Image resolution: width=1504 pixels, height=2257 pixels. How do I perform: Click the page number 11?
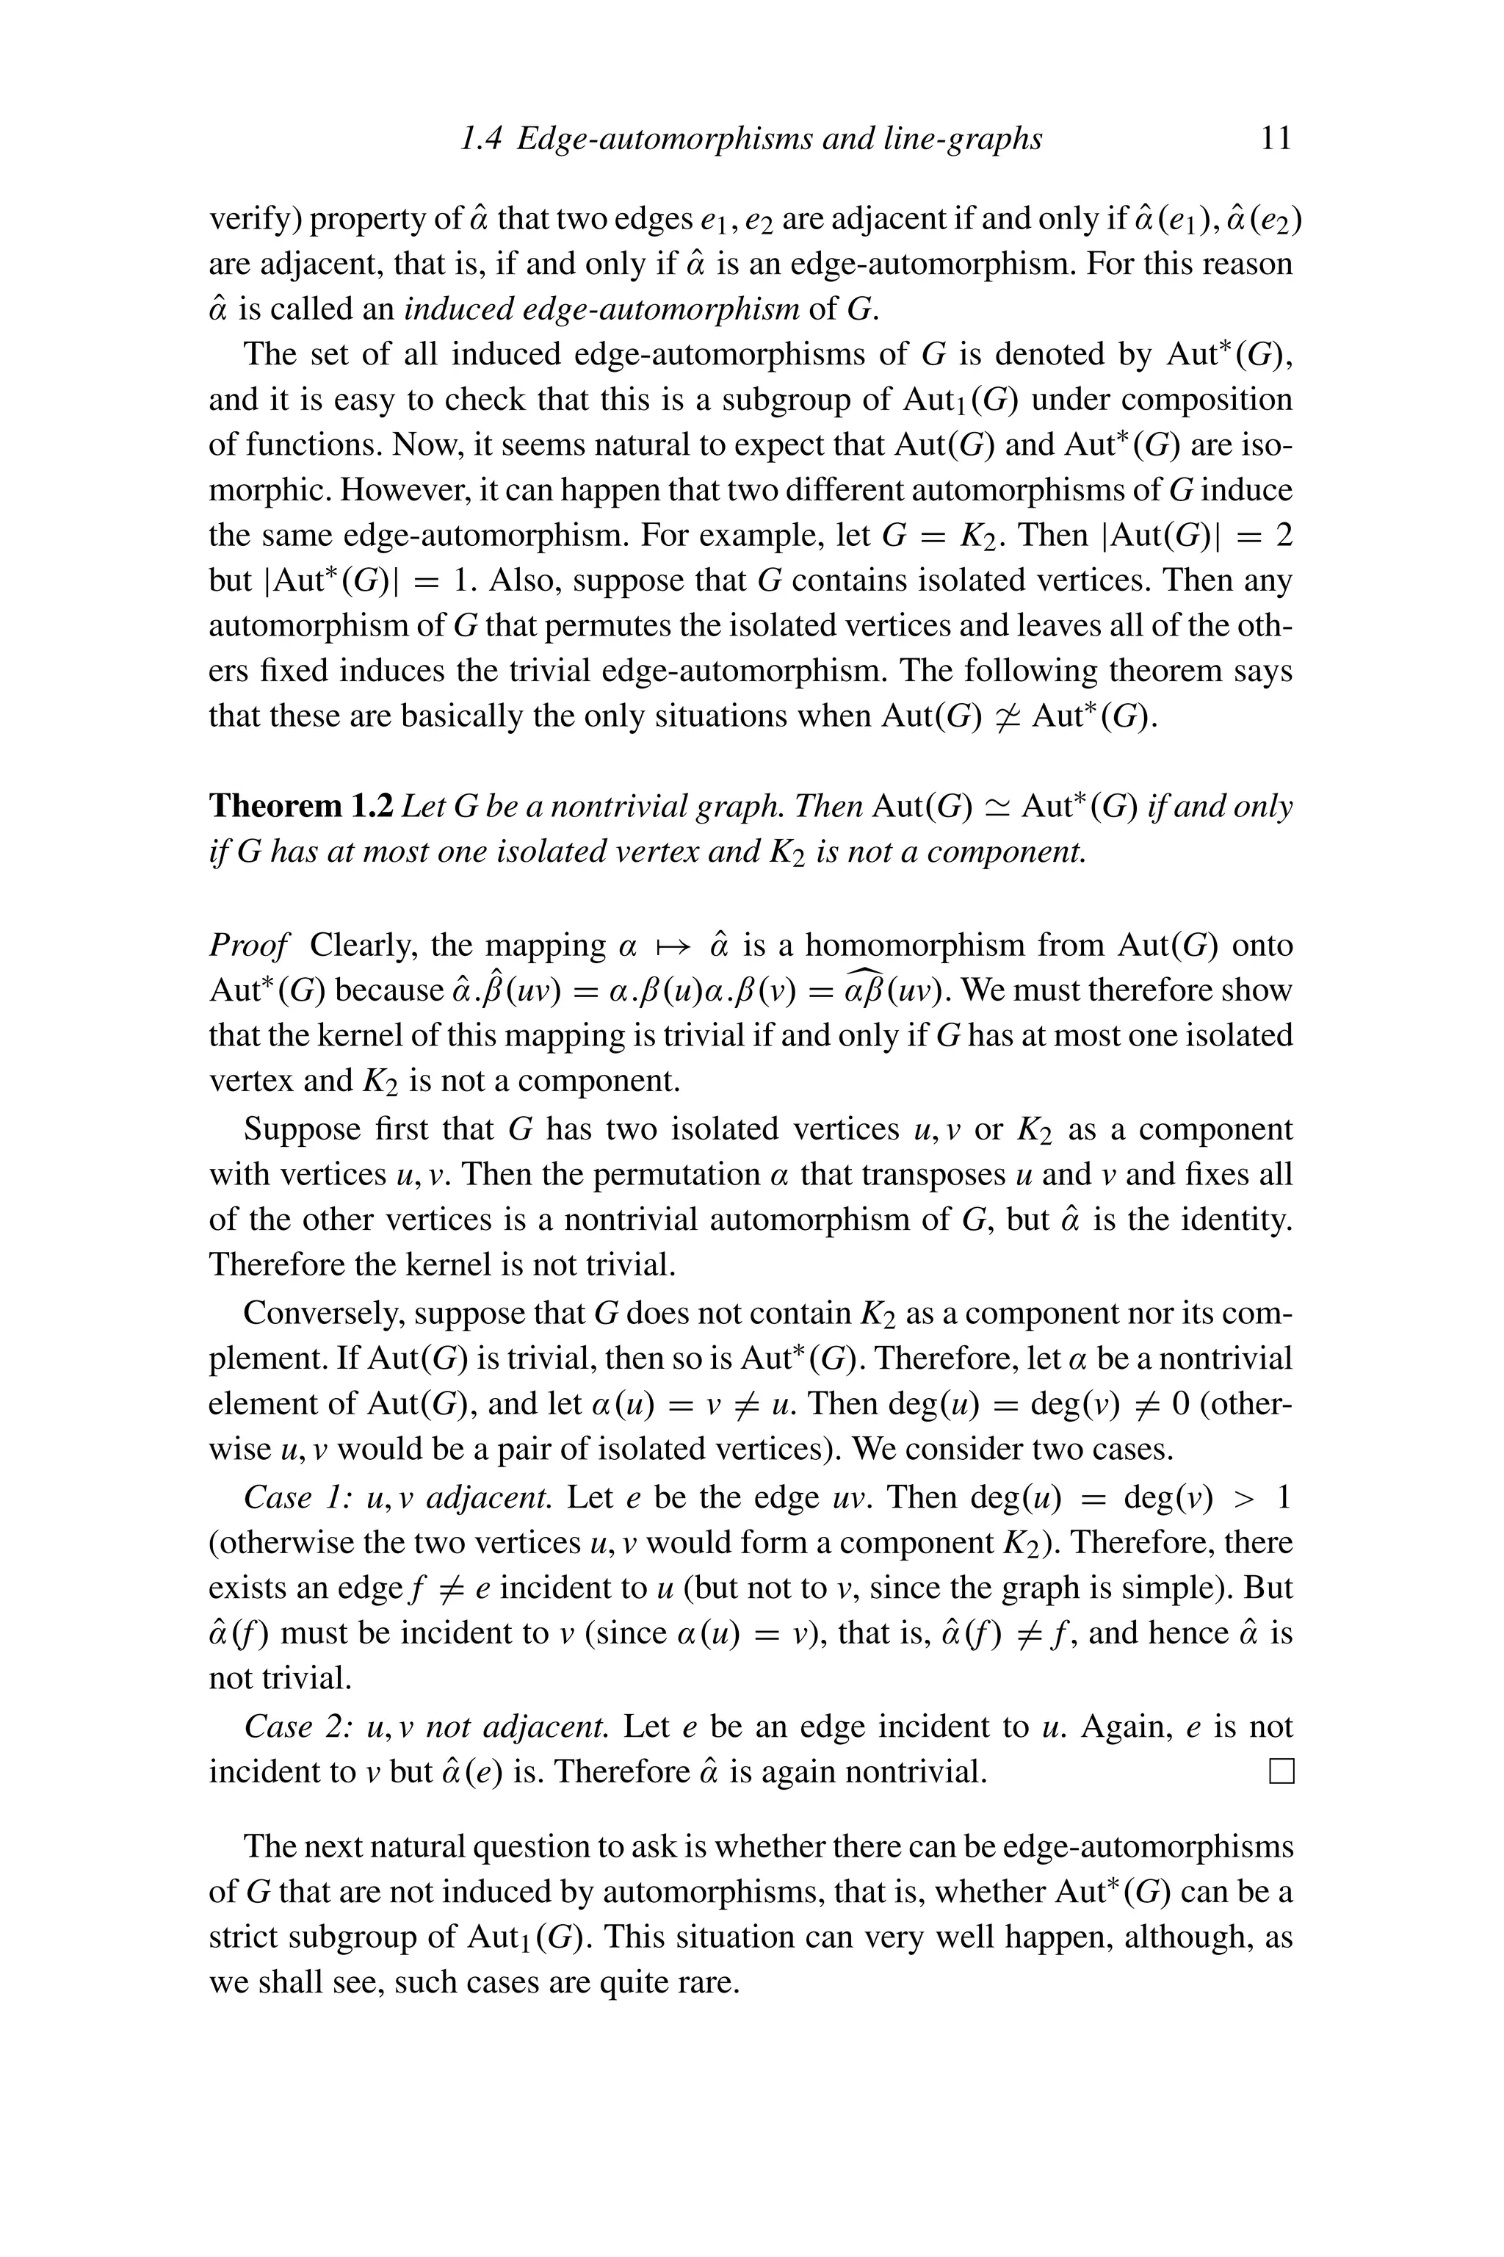point(1275,139)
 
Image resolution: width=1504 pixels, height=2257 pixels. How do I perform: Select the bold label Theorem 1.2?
point(300,806)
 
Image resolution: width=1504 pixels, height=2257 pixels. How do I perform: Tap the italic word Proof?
point(247,946)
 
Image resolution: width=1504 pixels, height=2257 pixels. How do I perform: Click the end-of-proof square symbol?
point(1281,1771)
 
